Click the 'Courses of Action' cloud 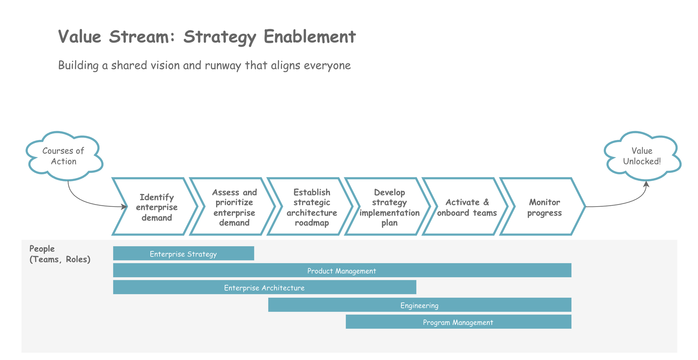click(x=64, y=156)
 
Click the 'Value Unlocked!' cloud click(x=642, y=156)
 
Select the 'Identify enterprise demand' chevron click(x=156, y=207)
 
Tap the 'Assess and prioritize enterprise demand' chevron click(x=234, y=207)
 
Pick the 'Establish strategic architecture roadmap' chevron click(x=312, y=207)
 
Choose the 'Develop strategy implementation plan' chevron click(x=389, y=207)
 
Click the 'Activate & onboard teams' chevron click(x=467, y=207)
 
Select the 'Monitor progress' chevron click(x=544, y=207)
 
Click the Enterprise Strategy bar click(x=183, y=254)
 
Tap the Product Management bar click(x=342, y=271)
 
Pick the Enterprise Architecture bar click(x=264, y=287)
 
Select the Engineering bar click(x=419, y=305)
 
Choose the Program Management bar click(x=458, y=322)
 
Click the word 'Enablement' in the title click(x=310, y=37)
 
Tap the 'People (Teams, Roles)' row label click(x=60, y=254)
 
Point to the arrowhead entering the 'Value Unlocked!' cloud click(x=646, y=184)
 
